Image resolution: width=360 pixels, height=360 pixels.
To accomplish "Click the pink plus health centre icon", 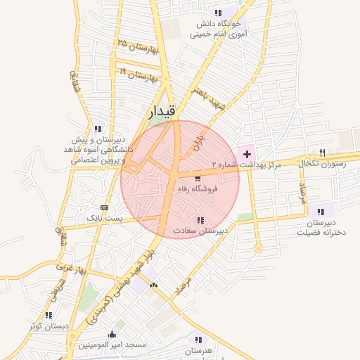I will [247, 153].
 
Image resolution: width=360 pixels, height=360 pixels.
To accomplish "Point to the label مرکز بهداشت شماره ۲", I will [243, 163].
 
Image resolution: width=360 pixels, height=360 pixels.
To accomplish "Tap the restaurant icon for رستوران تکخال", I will [322, 152].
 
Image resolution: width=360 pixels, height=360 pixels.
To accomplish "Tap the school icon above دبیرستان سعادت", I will [201, 220].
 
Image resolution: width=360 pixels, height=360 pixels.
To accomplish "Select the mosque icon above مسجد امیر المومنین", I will [112, 334].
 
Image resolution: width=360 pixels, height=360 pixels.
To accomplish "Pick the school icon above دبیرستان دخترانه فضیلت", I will [321, 212].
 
